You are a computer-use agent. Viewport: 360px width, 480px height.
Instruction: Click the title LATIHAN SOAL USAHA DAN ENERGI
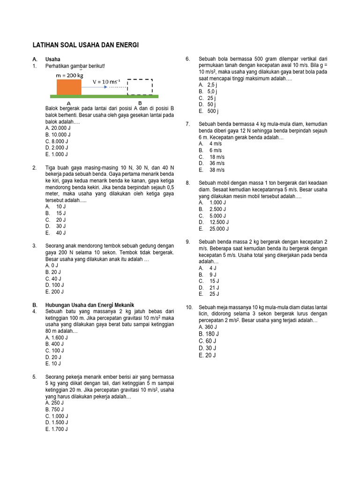pyautogui.click(x=85, y=45)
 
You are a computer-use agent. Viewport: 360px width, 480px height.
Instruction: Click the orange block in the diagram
pyautogui.click(x=69, y=87)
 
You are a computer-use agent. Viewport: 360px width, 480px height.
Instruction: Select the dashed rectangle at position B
pyautogui.click(x=140, y=87)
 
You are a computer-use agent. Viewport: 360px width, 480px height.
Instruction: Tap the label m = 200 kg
pyautogui.click(x=69, y=75)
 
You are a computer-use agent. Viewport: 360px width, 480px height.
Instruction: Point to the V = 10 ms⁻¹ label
pyautogui.click(x=106, y=82)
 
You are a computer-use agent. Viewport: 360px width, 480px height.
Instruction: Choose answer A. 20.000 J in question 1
pyautogui.click(x=58, y=127)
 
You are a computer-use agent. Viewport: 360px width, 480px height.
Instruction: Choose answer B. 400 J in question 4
pyautogui.click(x=55, y=344)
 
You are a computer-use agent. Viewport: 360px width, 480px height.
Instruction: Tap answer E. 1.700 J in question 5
pyautogui.click(x=57, y=429)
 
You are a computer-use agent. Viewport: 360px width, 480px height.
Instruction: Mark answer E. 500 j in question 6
pyautogui.click(x=209, y=112)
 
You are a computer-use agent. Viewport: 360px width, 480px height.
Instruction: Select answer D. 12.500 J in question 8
pyautogui.click(x=213, y=222)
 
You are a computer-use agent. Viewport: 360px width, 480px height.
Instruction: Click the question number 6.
pyautogui.click(x=187, y=59)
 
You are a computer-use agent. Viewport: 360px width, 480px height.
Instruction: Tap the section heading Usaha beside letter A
pyautogui.click(x=52, y=60)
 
